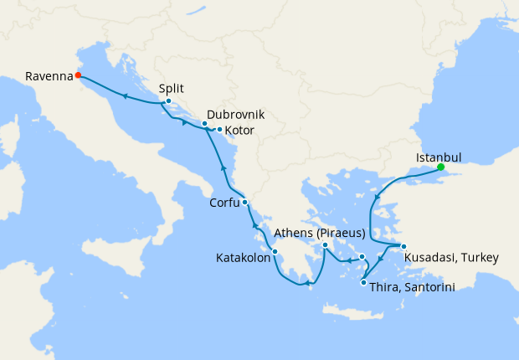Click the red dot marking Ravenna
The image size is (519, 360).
tap(78, 75)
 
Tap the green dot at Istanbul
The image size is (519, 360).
tap(439, 167)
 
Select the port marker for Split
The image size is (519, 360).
tap(168, 102)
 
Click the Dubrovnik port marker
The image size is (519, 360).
tap(204, 124)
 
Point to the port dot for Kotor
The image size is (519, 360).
tap(219, 129)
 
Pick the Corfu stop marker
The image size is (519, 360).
tap(244, 203)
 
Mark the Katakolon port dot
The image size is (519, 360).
tap(275, 251)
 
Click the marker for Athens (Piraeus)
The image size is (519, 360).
tap(325, 245)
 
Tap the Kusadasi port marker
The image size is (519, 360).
tap(403, 246)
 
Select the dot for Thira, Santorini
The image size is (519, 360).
tap(363, 282)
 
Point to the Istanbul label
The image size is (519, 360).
tap(439, 155)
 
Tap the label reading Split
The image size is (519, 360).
tap(172, 88)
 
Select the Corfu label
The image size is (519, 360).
tap(224, 203)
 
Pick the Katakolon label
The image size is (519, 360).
tap(241, 259)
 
